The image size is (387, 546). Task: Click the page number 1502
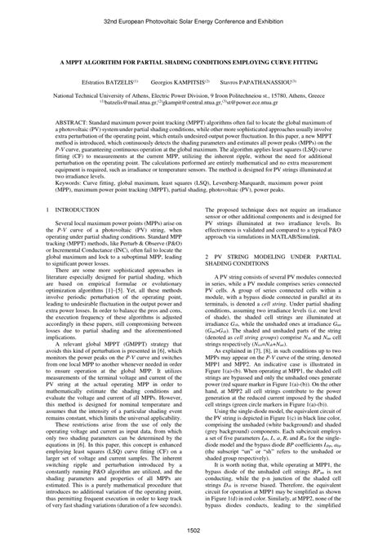tap(193, 531)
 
